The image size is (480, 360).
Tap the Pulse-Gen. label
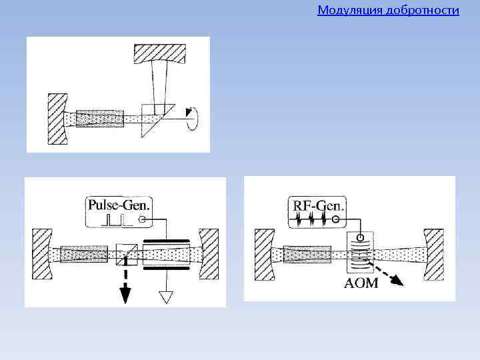click(x=119, y=204)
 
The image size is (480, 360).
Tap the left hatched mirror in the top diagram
click(x=57, y=119)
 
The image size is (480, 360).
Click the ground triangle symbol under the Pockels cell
click(x=164, y=297)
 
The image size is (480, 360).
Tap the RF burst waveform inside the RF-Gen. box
click(x=312, y=219)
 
